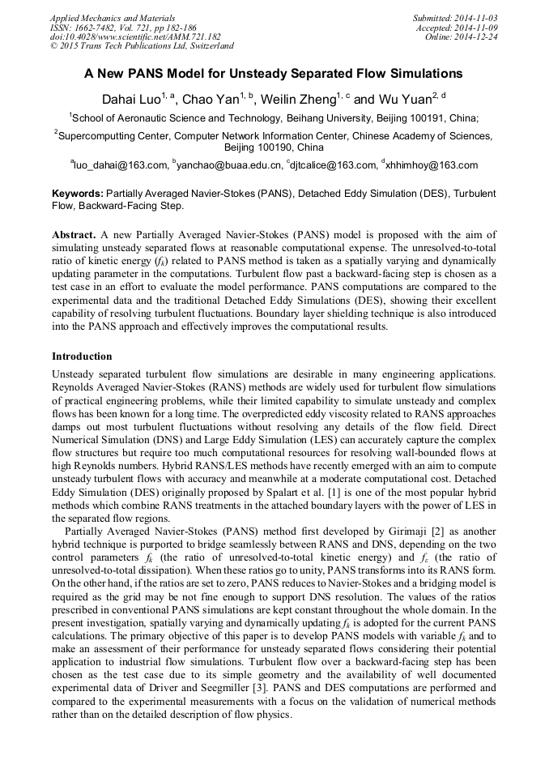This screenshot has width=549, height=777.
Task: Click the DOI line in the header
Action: [135, 36]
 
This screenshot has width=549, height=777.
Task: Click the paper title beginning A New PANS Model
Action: [274, 74]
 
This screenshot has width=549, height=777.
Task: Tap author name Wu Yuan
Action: [403, 99]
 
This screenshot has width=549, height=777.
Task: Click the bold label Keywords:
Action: [78, 194]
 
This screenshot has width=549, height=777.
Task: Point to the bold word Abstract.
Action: [73, 234]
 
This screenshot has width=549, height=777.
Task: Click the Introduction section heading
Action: [82, 356]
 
